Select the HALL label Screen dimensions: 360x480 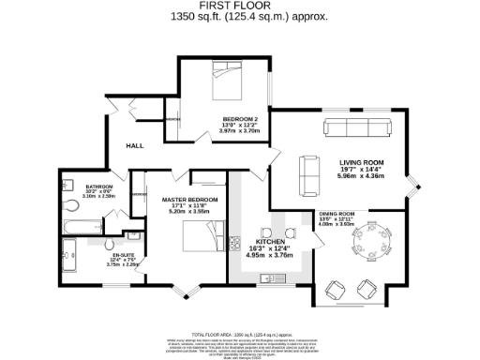click(135, 146)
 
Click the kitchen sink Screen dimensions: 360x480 click(273, 277)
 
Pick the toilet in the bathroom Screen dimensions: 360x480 click(69, 206)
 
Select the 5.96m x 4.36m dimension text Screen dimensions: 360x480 click(360, 176)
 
